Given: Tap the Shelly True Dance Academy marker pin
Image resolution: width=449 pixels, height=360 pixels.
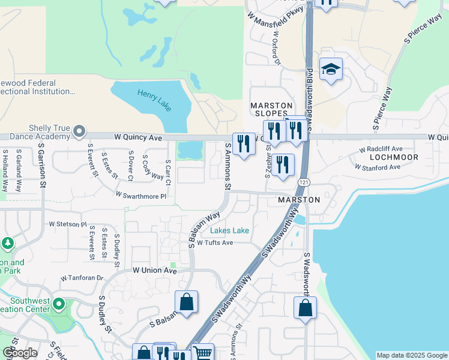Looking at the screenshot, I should click(x=79, y=131).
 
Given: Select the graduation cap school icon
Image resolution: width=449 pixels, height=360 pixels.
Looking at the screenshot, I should click(x=331, y=70).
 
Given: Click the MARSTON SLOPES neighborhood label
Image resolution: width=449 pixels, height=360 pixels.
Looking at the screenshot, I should click(x=271, y=110).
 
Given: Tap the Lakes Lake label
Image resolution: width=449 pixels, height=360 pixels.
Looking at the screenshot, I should click(x=229, y=230).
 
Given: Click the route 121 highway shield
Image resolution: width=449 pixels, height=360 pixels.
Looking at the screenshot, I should click(x=305, y=181).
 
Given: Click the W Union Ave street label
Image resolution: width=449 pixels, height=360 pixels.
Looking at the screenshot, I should click(x=154, y=271).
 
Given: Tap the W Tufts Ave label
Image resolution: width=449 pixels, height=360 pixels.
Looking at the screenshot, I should click(x=214, y=242).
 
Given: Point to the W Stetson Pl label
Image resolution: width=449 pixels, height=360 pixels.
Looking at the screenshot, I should click(x=68, y=224).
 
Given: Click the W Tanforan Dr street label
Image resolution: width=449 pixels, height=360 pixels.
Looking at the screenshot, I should click(x=82, y=278).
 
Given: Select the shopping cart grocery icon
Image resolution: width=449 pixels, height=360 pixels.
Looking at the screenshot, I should click(x=203, y=353).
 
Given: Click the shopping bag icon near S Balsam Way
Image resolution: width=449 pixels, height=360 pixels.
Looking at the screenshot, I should click(x=187, y=302).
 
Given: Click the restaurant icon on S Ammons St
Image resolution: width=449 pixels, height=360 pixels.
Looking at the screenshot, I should click(x=243, y=143).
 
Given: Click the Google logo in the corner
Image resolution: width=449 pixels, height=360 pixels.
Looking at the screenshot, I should click(x=20, y=353).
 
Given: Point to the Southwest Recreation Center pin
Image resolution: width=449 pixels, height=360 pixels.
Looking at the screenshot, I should click(x=58, y=304).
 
